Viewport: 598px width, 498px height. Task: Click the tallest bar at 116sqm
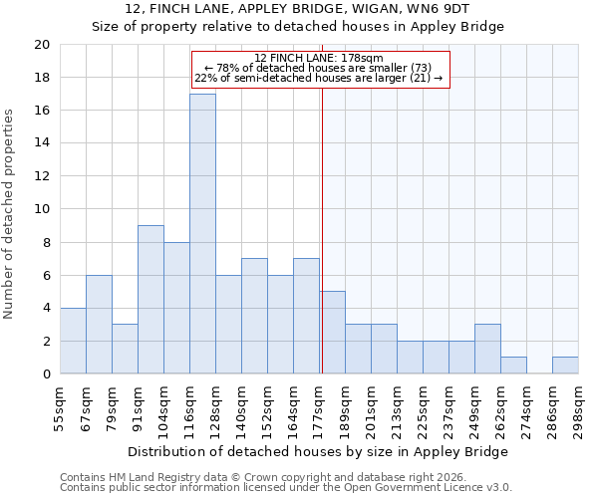tap(202, 234)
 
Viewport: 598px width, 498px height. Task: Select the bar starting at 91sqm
tap(150, 300)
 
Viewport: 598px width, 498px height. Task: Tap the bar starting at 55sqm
tap(73, 341)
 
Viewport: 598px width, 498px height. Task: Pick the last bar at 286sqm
tap(565, 366)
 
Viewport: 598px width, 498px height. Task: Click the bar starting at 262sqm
tap(513, 366)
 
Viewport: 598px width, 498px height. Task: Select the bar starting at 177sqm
tap(332, 333)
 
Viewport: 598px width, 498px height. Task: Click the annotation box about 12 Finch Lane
tap(320, 69)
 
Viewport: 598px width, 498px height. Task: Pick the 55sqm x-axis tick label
tap(61, 403)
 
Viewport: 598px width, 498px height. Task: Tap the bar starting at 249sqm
tap(487, 349)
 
